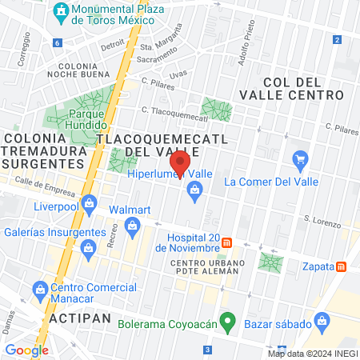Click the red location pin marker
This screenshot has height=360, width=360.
click(x=182, y=164)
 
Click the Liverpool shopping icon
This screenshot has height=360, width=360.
click(x=89, y=202)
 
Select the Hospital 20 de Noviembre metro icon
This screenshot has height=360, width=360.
click(x=227, y=242)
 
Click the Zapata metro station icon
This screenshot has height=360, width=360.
click(x=342, y=266)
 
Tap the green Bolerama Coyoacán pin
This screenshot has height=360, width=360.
click(x=227, y=324)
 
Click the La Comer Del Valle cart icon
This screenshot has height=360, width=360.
click(x=301, y=160)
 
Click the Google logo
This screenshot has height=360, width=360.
click(x=26, y=350)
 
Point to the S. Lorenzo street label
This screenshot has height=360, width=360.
click(x=318, y=218)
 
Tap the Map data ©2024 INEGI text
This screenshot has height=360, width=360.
click(x=312, y=353)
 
